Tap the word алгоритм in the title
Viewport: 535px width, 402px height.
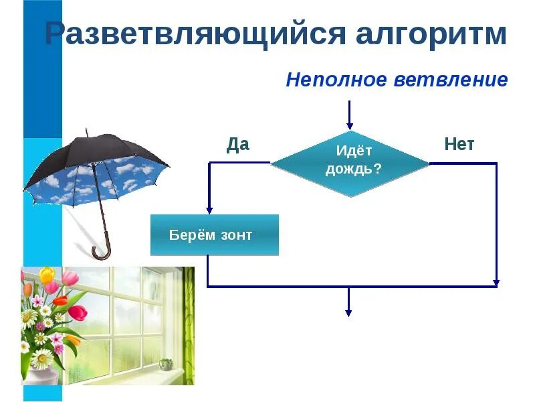pos(431,35)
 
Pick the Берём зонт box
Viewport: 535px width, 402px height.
pos(214,235)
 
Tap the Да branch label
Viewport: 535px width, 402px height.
pos(237,145)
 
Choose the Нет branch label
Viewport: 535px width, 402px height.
pos(459,145)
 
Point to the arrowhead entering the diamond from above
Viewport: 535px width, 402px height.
pos(348,125)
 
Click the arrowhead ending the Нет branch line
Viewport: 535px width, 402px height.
pos(496,282)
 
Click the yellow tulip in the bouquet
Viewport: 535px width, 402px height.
pos(46,275)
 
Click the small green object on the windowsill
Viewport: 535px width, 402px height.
pos(167,363)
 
